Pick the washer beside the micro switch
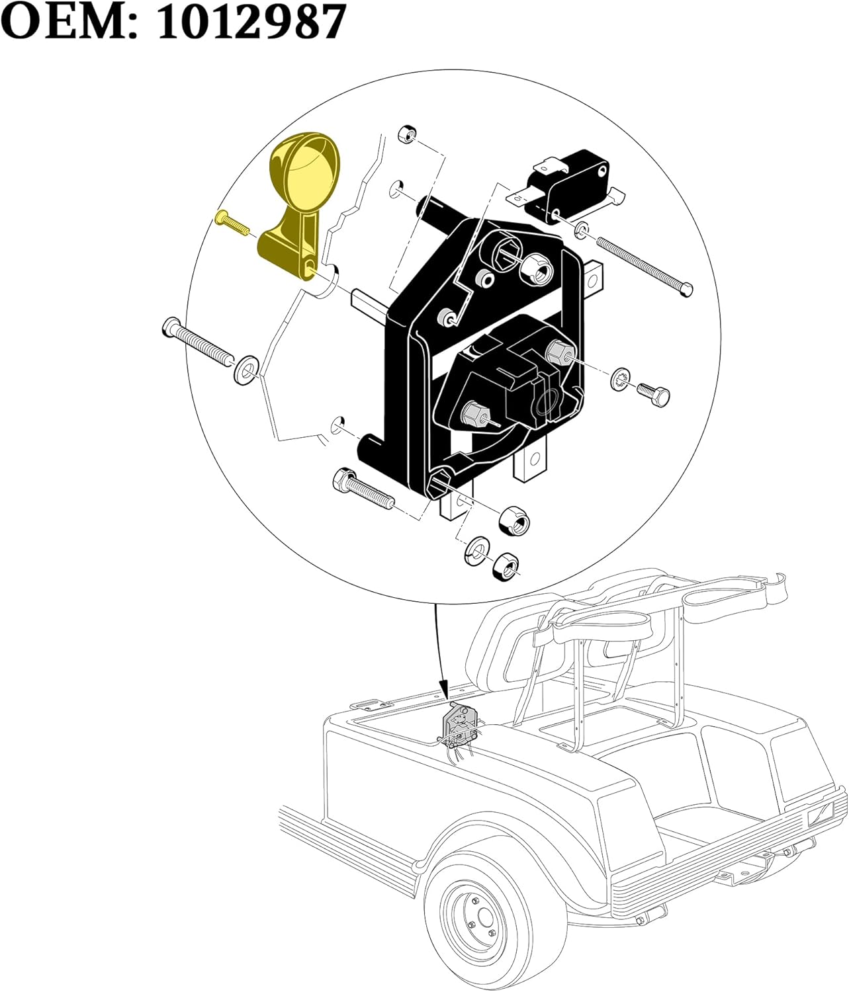580,229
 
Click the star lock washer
620,379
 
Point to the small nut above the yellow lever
406,134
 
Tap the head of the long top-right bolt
688,288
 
